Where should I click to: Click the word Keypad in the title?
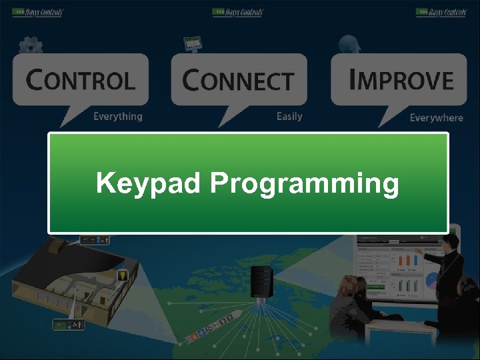[147, 183]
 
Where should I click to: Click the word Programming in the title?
[305, 184]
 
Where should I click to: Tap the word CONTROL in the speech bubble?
[81, 81]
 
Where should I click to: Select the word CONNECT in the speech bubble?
[238, 81]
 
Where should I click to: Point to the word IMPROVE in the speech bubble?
[401, 80]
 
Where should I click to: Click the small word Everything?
[117, 117]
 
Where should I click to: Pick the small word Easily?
[289, 117]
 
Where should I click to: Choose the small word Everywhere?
[436, 118]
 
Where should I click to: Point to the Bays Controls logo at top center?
[238, 13]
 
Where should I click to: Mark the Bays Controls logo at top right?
[441, 13]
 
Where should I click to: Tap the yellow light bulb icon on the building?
[123, 275]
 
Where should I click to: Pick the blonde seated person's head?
[349, 287]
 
